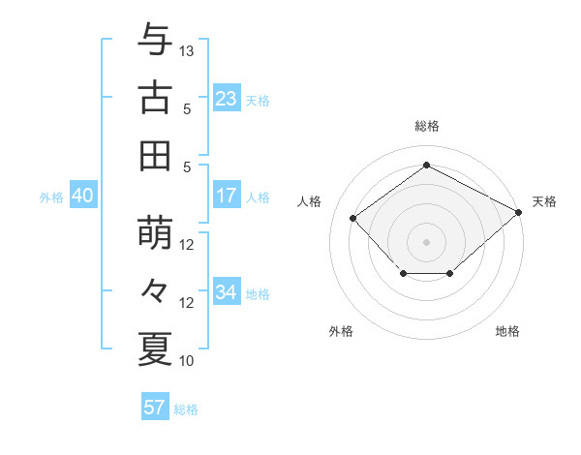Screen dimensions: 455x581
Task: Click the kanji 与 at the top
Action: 155,40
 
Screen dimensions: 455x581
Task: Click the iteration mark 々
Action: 155,290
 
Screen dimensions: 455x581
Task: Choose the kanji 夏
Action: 155,349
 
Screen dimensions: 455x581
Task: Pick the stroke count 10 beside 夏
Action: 188,361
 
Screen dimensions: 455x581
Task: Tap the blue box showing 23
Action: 227,99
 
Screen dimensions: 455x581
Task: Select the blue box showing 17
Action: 227,196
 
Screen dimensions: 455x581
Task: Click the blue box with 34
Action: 227,292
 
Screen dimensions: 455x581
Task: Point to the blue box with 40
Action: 82,196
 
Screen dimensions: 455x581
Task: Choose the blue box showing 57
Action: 154,408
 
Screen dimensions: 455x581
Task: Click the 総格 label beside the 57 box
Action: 186,409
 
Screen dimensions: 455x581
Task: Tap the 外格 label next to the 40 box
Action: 51,197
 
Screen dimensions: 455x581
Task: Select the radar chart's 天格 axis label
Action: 545,201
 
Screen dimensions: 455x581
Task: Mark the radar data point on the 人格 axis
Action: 353,219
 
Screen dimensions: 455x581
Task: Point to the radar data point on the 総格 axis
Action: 426,166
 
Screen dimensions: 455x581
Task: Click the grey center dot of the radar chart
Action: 426,241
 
